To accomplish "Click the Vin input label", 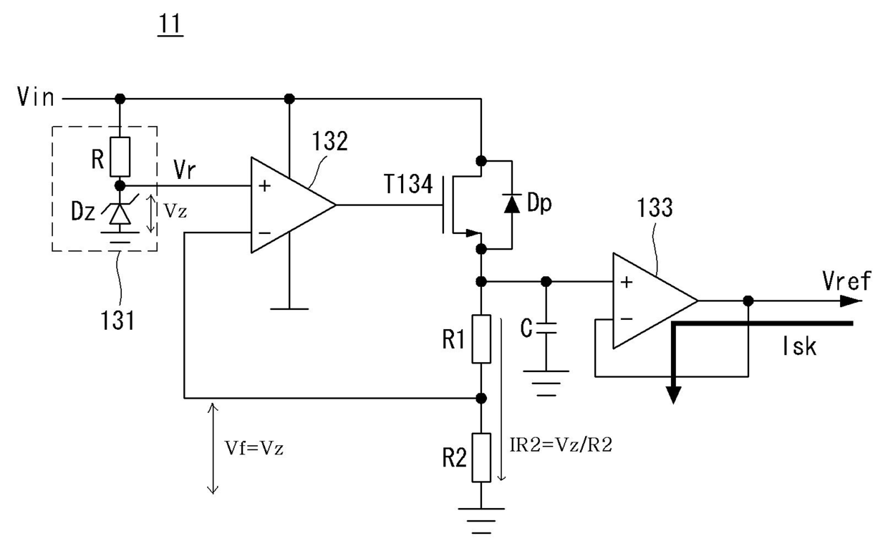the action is tap(35, 97).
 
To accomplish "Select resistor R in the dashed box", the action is tap(120, 157).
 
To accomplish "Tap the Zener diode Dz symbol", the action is tap(120, 214).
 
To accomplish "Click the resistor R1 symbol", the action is tap(481, 339).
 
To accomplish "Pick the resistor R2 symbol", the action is tap(481, 457).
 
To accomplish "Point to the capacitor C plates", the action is tap(546, 328).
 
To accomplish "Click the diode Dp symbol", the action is tap(512, 204).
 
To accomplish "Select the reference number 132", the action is tap(330, 141).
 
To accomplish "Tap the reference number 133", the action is tap(655, 208).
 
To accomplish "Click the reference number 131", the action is tap(117, 320).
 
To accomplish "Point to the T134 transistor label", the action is tap(408, 184).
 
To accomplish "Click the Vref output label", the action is tap(846, 281).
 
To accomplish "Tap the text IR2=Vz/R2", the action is tap(561, 445).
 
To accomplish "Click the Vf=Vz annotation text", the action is tap(254, 449).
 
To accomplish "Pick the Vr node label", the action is tap(184, 170).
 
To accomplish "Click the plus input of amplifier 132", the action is tap(264, 186).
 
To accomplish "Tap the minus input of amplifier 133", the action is tap(627, 319).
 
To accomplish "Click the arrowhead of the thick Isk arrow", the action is tap(674, 395).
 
